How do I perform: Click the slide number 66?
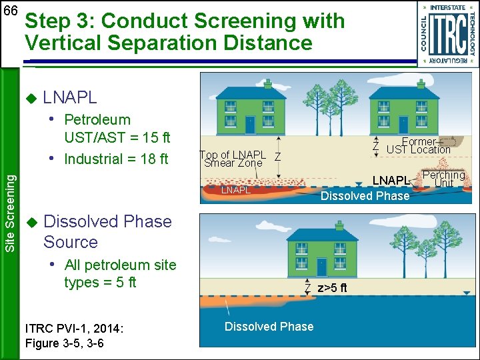(x=11, y=11)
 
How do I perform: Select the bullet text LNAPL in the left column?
(x=69, y=97)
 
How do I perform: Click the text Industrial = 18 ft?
(x=116, y=159)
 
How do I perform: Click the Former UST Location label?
(x=419, y=145)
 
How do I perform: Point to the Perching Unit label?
(x=443, y=179)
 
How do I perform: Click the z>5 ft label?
(x=331, y=288)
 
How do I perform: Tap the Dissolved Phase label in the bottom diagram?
(x=269, y=326)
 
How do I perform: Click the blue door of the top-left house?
(x=250, y=124)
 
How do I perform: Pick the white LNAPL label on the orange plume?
(x=235, y=190)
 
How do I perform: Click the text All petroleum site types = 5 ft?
(x=120, y=273)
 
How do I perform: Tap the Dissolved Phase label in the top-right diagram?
(x=365, y=196)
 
